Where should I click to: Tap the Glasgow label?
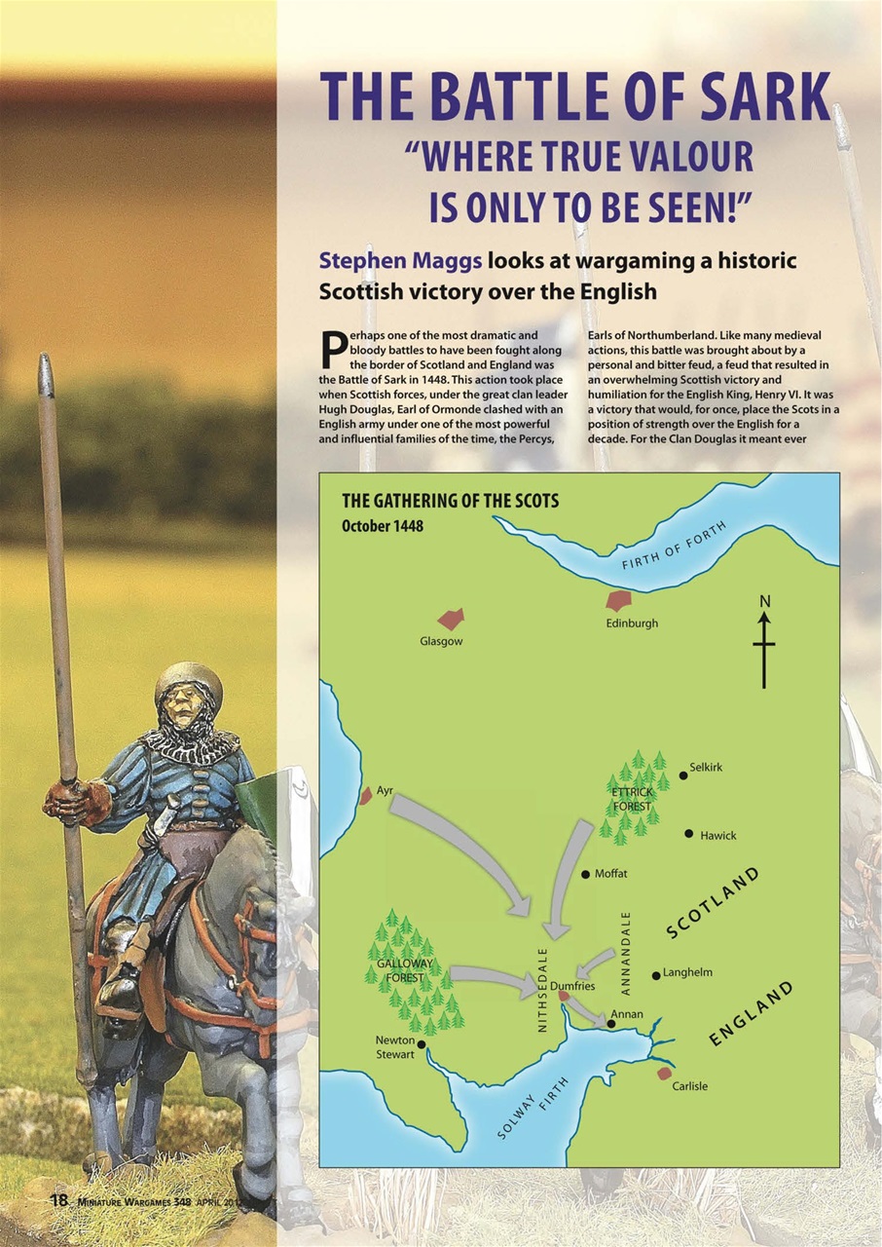441,642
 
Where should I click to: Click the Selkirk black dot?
683,775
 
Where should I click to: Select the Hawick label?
717,836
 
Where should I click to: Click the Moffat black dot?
585,875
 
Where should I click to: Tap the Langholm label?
687,972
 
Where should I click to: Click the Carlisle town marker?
665,1073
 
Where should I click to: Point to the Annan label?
627,1014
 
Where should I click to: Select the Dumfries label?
572,986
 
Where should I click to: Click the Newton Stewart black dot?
421,1044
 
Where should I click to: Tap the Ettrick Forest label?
632,799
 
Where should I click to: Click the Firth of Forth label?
674,548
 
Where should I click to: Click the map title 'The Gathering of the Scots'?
450,502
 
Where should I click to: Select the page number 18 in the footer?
59,1200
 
